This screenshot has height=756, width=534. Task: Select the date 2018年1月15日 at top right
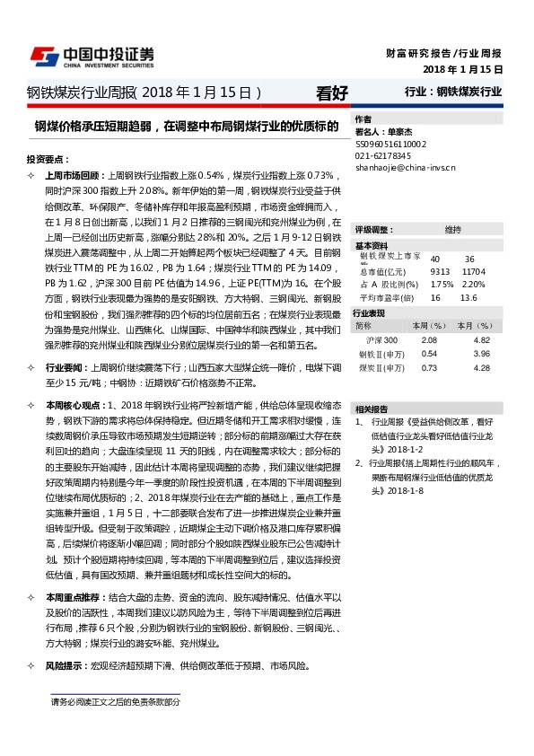click(462, 69)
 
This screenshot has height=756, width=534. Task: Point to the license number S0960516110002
click(390, 144)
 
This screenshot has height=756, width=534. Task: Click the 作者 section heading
click(363, 119)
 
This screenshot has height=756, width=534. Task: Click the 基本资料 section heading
click(372, 245)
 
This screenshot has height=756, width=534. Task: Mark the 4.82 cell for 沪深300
click(482, 340)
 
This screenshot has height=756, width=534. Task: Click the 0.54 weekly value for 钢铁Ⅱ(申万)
click(428, 354)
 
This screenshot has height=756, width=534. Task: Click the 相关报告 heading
click(372, 383)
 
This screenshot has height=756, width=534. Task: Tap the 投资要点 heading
click(46, 157)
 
